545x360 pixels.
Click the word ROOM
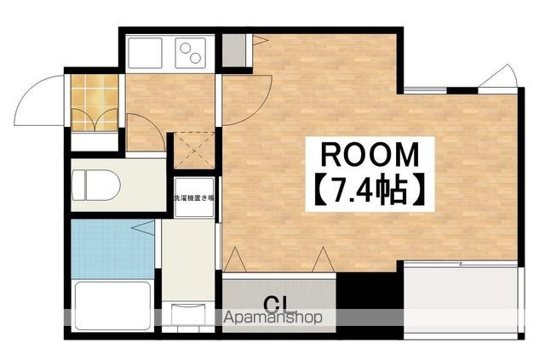pos(370,155)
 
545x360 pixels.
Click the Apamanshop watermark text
pos(273,317)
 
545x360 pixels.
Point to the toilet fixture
pos(95,185)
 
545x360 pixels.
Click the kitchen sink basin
pos(145,53)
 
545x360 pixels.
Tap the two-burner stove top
pos(191,53)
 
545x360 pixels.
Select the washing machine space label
pos(194,198)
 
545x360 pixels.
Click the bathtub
pos(113,306)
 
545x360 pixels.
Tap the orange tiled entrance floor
pos(95,103)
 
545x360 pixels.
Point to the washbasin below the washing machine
pos(188,313)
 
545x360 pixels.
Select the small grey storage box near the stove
pos(233,50)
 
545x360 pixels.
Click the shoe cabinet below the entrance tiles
pos(95,141)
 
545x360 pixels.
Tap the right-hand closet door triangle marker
pos(324,260)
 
